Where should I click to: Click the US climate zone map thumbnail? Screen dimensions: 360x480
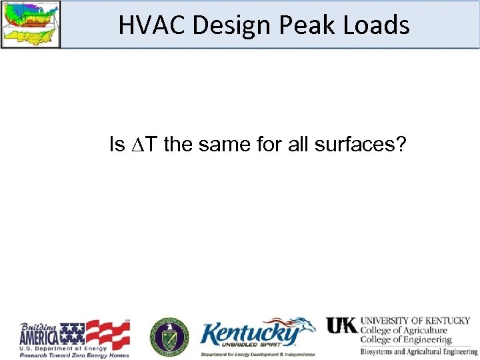[31, 24]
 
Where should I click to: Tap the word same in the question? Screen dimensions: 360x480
[221, 144]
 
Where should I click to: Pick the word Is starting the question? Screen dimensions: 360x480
[116, 144]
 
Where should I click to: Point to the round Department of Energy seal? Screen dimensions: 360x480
[168, 336]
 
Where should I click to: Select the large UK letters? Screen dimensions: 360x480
[341, 325]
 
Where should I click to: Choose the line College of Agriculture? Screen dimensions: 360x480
[403, 331]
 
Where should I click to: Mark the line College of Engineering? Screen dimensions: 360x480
[405, 340]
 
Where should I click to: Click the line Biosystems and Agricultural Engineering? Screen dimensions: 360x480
[419, 351]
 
